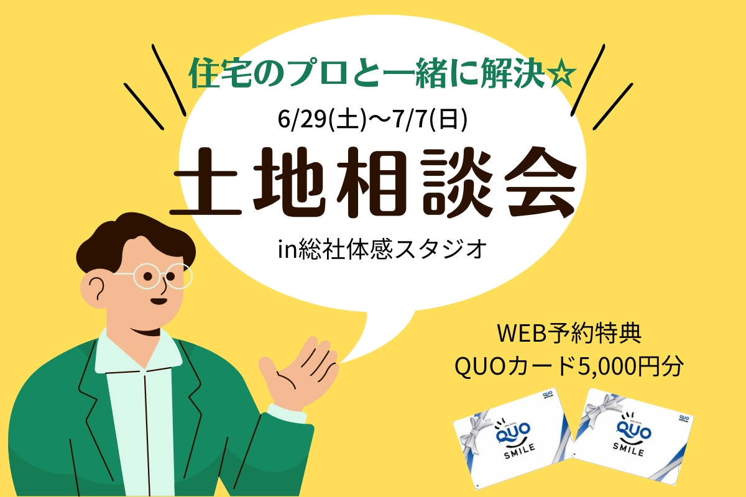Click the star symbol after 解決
pyautogui.click(x=562, y=73)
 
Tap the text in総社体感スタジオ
pyautogui.click(x=382, y=249)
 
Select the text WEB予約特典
pyautogui.click(x=569, y=333)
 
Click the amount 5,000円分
pyautogui.click(x=631, y=367)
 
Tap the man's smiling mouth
pyautogui.click(x=159, y=301)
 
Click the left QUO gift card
pyautogui.click(x=513, y=439)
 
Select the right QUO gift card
pyautogui.click(x=632, y=437)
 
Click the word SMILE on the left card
pyautogui.click(x=520, y=452)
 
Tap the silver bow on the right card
pyautogui.click(x=604, y=407)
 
